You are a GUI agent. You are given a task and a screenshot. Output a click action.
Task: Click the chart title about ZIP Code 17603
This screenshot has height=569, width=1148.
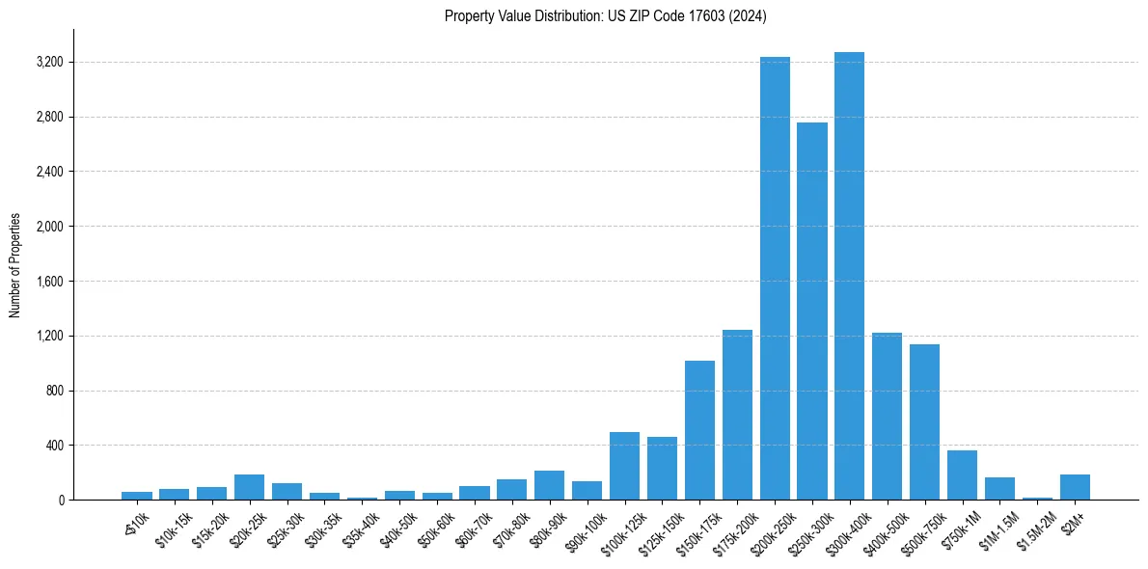(x=605, y=16)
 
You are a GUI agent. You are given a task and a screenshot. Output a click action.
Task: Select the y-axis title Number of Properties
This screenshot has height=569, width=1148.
(x=15, y=264)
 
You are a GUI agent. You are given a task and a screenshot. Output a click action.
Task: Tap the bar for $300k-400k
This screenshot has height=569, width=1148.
(x=849, y=276)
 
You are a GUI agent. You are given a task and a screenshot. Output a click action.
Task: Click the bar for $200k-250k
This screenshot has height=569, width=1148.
(x=775, y=279)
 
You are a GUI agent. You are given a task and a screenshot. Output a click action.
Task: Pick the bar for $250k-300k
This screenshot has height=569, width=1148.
(x=811, y=312)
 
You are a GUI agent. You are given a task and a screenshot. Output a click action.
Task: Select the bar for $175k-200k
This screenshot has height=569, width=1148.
(x=737, y=415)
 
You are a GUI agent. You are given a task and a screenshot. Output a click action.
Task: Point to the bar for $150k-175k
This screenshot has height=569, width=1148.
(x=699, y=430)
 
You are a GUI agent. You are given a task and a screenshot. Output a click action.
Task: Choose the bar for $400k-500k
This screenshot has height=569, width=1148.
(x=887, y=417)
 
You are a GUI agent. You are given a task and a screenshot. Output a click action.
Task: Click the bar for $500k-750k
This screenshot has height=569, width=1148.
(x=924, y=422)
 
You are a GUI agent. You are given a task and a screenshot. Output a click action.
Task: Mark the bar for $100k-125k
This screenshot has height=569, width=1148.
(x=624, y=466)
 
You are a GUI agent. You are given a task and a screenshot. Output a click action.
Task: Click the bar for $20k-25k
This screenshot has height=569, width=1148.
(x=249, y=487)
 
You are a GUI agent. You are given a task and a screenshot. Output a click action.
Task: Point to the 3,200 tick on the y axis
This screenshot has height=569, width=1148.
(x=49, y=63)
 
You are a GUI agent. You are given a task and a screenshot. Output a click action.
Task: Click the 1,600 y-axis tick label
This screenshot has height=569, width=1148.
(x=49, y=282)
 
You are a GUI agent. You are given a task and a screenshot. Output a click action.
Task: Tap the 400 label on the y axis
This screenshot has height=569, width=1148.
(x=54, y=446)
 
